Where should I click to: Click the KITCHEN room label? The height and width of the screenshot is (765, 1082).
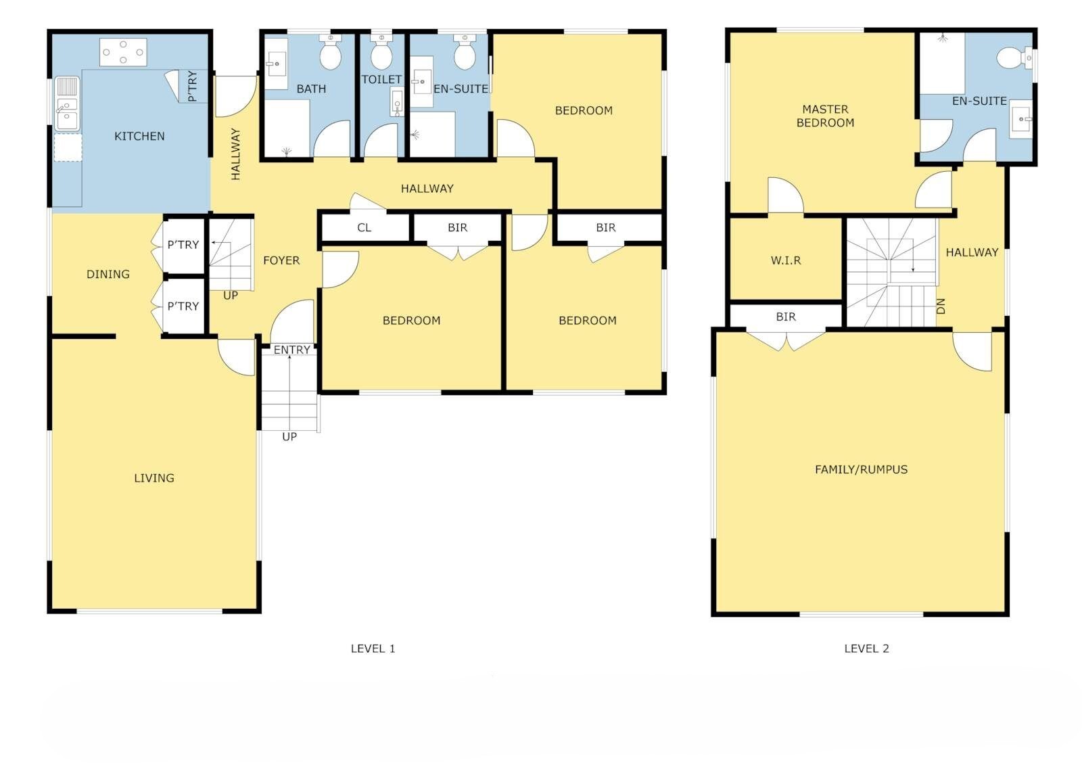click(x=139, y=136)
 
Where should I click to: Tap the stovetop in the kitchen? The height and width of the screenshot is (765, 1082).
click(x=123, y=52)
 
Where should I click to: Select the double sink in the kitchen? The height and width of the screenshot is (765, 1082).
click(x=67, y=104)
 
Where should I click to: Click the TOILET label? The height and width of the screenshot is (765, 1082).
click(x=381, y=79)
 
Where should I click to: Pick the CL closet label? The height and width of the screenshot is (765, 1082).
click(x=364, y=228)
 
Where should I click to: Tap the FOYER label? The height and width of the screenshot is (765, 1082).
click(x=281, y=260)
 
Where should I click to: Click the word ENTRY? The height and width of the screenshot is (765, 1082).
click(x=291, y=350)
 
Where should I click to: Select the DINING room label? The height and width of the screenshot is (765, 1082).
click(x=108, y=275)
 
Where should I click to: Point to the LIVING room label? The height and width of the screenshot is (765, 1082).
click(x=154, y=478)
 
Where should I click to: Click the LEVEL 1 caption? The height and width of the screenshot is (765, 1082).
click(x=373, y=649)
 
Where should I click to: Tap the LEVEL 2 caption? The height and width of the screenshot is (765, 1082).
click(x=866, y=649)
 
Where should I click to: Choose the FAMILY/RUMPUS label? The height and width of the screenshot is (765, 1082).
click(x=862, y=469)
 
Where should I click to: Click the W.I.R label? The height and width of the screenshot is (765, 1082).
click(x=786, y=261)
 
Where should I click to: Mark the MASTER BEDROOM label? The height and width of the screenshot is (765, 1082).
click(x=825, y=116)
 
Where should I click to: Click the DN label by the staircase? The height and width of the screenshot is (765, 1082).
click(x=941, y=306)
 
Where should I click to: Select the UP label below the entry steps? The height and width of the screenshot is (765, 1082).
click(x=289, y=437)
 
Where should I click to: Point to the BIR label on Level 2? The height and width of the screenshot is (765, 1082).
click(x=786, y=317)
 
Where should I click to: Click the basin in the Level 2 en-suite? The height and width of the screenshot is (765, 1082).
click(x=1021, y=119)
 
